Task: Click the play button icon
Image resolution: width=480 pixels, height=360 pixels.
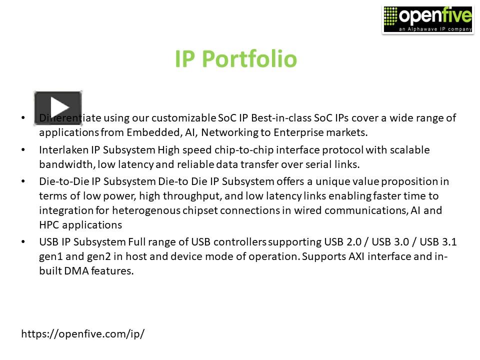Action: coord(58,107)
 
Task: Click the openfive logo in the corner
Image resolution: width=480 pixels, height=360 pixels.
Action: coord(427,19)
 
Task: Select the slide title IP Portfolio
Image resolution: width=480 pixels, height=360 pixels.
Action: coord(235,59)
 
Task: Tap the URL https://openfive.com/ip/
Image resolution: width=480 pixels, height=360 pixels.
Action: coord(82,334)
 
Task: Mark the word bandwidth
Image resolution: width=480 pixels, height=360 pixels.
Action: coord(65,164)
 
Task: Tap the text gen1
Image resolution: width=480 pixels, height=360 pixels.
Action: coord(52,256)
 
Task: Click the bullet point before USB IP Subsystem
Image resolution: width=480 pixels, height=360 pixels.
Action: coord(23,242)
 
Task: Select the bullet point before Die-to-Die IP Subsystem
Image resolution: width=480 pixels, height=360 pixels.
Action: coord(23,181)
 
